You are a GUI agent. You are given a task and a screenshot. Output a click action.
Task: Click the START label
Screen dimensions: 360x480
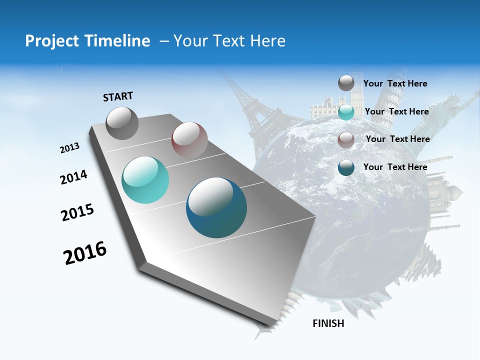click(118, 96)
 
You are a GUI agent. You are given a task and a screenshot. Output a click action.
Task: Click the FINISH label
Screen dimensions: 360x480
click(328, 323)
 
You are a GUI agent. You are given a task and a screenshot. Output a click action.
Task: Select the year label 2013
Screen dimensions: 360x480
click(69, 147)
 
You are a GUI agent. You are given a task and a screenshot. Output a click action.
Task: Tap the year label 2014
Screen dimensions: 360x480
click(73, 177)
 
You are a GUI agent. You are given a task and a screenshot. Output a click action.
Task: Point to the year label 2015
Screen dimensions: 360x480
click(77, 212)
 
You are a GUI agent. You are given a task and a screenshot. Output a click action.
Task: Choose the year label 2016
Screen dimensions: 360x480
click(85, 253)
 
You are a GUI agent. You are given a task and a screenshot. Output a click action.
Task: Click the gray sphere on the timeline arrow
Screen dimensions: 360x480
click(122, 123)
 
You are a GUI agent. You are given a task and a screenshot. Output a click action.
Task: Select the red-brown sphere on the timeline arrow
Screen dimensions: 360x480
click(189, 140)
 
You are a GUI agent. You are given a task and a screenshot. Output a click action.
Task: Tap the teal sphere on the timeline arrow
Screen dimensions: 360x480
click(145, 180)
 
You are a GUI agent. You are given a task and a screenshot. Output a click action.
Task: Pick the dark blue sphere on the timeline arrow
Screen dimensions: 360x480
click(216, 207)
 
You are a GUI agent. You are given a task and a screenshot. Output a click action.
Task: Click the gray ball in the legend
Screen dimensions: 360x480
click(346, 83)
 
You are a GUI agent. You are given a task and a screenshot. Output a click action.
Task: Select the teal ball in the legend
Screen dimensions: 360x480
click(346, 112)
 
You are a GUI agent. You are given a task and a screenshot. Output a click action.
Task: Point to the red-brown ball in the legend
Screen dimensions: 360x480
click(346, 139)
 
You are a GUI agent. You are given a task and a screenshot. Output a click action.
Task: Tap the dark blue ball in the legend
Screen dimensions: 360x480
click(346, 167)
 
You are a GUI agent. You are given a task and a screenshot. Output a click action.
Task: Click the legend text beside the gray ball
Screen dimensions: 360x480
click(395, 84)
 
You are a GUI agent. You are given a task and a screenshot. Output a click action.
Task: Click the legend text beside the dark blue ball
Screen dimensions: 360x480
click(395, 167)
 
